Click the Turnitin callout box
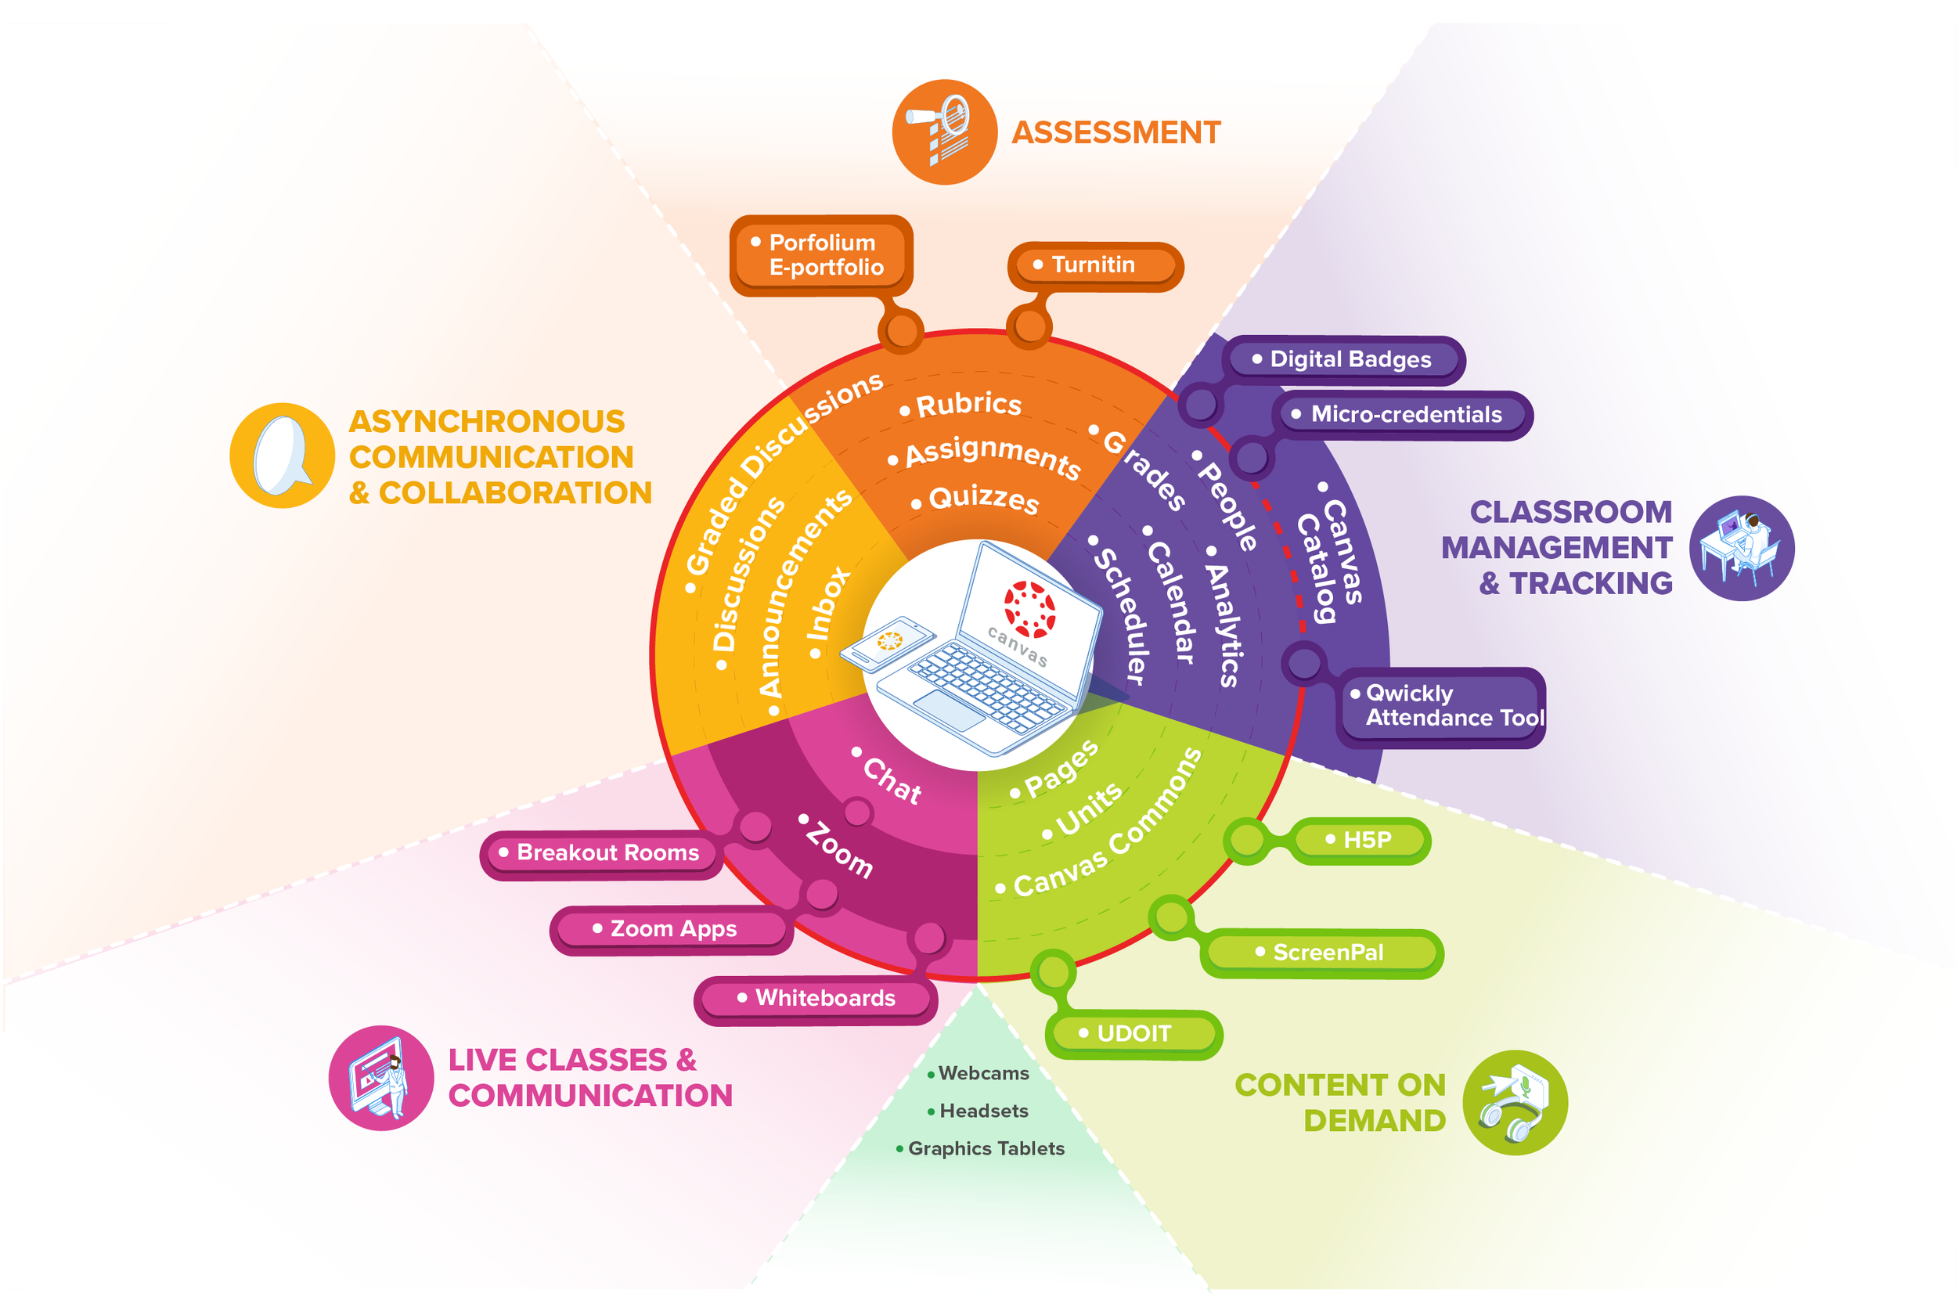click(1094, 265)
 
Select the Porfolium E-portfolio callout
click(821, 254)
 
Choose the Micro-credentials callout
click(1404, 414)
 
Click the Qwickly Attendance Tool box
click(1443, 705)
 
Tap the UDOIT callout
click(1133, 1034)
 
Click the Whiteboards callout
click(816, 999)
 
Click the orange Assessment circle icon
click(944, 132)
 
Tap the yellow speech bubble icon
click(282, 456)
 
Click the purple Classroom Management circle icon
click(1740, 549)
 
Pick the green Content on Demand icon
click(1514, 1103)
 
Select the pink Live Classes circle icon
click(380, 1078)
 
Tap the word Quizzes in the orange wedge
click(982, 499)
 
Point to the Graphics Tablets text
click(985, 1149)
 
